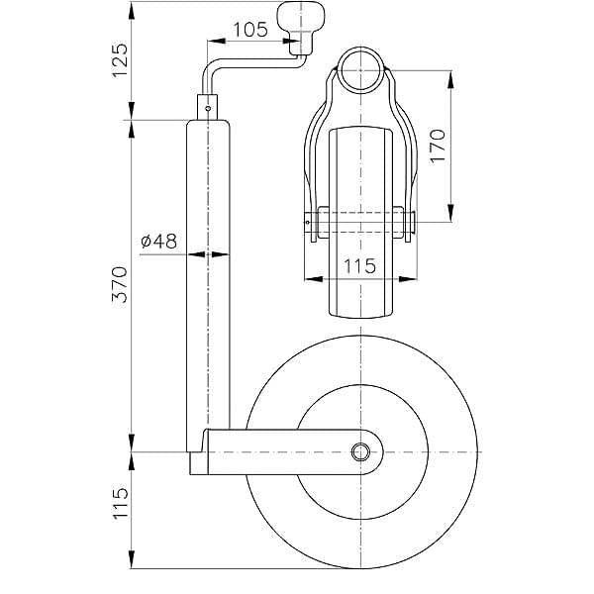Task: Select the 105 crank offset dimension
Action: (247, 30)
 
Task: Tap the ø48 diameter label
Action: (158, 241)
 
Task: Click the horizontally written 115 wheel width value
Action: (360, 264)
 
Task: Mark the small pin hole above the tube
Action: (208, 100)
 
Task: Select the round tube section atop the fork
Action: (360, 67)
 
